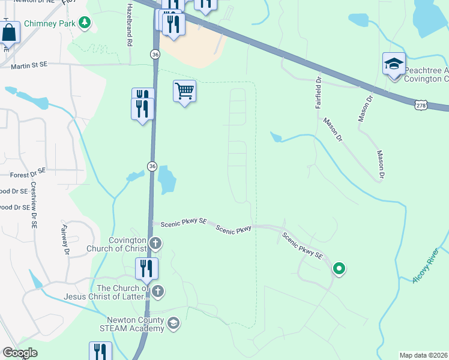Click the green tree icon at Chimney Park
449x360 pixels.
pyautogui.click(x=85, y=23)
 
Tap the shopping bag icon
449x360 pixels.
pyautogui.click(x=10, y=33)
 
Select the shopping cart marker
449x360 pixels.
pyautogui.click(x=184, y=92)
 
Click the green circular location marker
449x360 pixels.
pyautogui.click(x=339, y=268)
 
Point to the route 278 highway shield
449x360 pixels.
pyautogui.click(x=420, y=105)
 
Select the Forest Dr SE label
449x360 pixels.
pyautogui.click(x=28, y=175)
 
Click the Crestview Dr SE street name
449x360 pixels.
pyautogui.click(x=34, y=205)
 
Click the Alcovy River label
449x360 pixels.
pyautogui.click(x=426, y=267)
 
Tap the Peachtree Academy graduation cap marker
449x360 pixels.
pyautogui.click(x=394, y=64)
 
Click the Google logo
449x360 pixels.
pyautogui.click(x=20, y=353)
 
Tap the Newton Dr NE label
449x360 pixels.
pyautogui.click(x=30, y=2)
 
